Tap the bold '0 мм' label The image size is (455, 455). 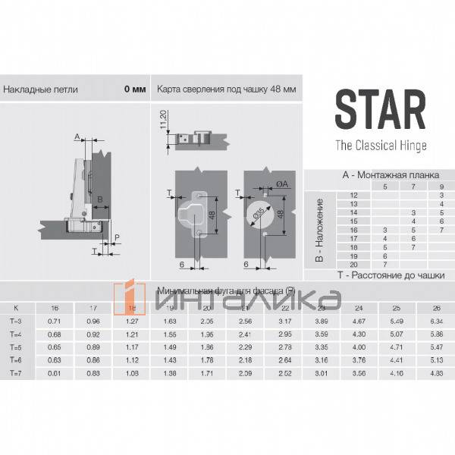click(134, 89)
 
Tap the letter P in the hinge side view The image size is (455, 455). click(117, 237)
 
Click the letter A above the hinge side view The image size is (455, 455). click(77, 136)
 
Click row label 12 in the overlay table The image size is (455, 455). click(353, 196)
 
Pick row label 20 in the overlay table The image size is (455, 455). click(353, 264)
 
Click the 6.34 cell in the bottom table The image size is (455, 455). click(436, 322)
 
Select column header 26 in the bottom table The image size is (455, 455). click(436, 308)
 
